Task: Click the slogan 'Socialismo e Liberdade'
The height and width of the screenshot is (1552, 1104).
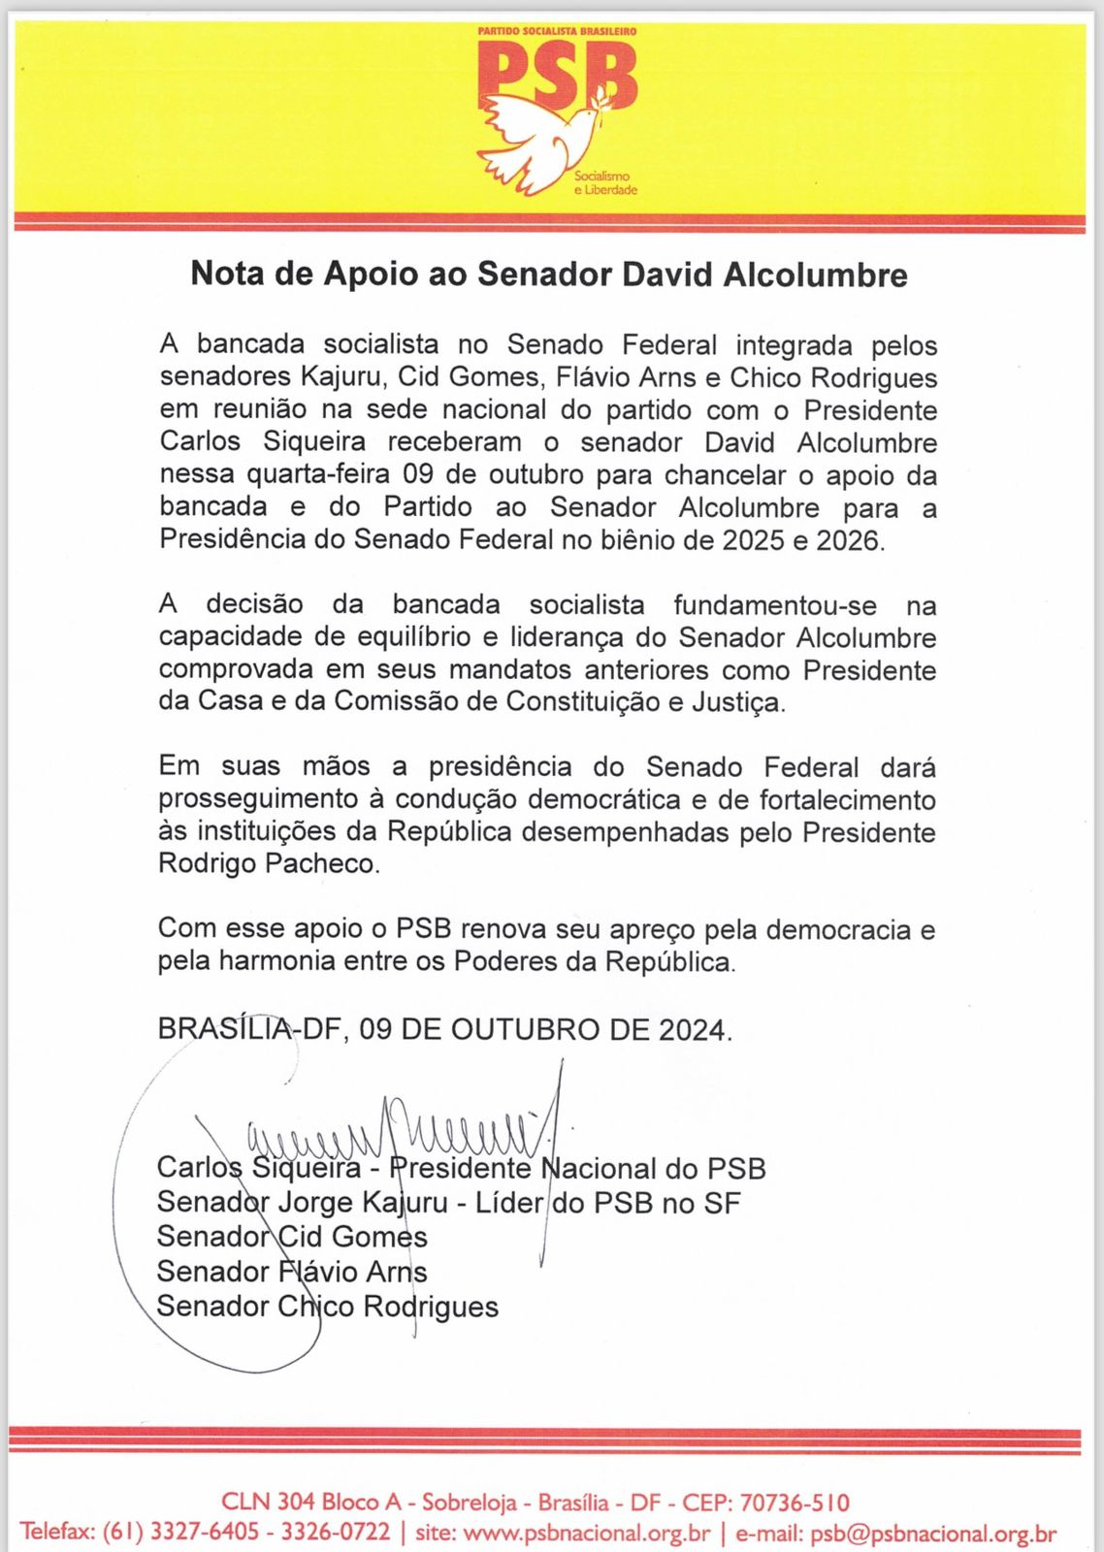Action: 605,183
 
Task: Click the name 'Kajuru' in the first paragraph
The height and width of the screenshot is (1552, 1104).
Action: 338,377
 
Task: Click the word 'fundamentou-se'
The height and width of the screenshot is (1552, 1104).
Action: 775,605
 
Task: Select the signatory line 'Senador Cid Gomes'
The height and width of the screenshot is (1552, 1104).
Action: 292,1237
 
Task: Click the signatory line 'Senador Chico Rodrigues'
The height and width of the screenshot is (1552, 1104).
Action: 327,1307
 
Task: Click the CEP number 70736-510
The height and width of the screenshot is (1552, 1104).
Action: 795,1503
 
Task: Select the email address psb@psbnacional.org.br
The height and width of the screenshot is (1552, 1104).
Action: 933,1534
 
